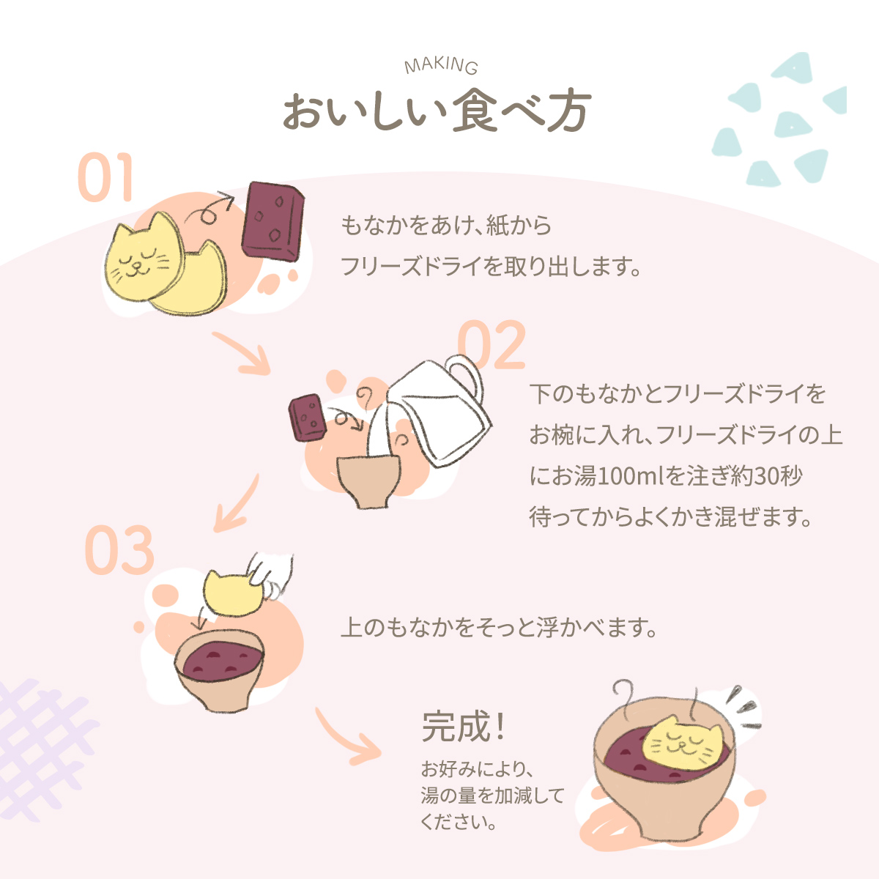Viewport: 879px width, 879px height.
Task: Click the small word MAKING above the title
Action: [x=441, y=66]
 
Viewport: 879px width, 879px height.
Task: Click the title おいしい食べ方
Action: [x=437, y=112]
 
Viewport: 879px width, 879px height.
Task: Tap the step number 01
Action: [x=106, y=178]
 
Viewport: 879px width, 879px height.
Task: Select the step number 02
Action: [x=492, y=345]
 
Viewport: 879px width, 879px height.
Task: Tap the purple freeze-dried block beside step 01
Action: [x=272, y=219]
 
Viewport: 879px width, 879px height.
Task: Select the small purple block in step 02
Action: [x=308, y=417]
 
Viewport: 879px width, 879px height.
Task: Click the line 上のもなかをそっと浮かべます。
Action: [x=499, y=628]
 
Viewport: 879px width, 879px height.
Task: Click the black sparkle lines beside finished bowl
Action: [x=743, y=707]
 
